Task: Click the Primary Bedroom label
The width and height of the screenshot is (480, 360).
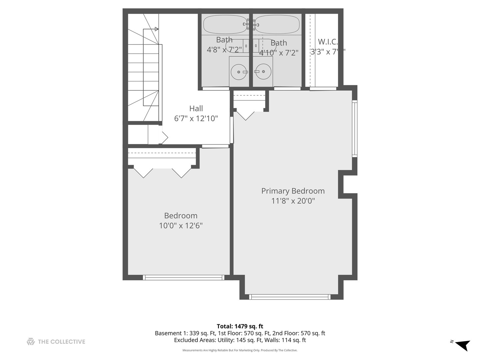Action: point(293,191)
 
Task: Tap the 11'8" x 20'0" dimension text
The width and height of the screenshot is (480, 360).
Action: point(293,201)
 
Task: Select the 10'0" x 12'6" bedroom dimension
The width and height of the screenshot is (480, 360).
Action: point(181,226)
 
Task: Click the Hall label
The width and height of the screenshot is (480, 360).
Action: point(196,109)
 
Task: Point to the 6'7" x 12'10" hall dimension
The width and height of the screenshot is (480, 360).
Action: point(196,118)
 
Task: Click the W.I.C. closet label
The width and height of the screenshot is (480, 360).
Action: point(328,42)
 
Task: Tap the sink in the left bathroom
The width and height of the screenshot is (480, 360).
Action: point(239,72)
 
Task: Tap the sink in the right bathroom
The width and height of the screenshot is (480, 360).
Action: point(263,72)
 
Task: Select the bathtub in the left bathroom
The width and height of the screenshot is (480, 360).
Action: point(225,24)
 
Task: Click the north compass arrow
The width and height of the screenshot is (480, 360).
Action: point(462,345)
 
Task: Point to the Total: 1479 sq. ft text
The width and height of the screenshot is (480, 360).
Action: point(240,326)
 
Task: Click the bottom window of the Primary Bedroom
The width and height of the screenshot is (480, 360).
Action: point(290,297)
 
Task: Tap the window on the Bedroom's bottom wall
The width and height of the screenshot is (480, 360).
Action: point(183,277)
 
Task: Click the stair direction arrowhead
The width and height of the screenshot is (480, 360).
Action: point(157,29)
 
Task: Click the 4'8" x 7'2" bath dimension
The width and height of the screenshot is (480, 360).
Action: point(224,50)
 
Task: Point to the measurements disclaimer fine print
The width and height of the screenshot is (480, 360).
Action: point(240,350)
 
